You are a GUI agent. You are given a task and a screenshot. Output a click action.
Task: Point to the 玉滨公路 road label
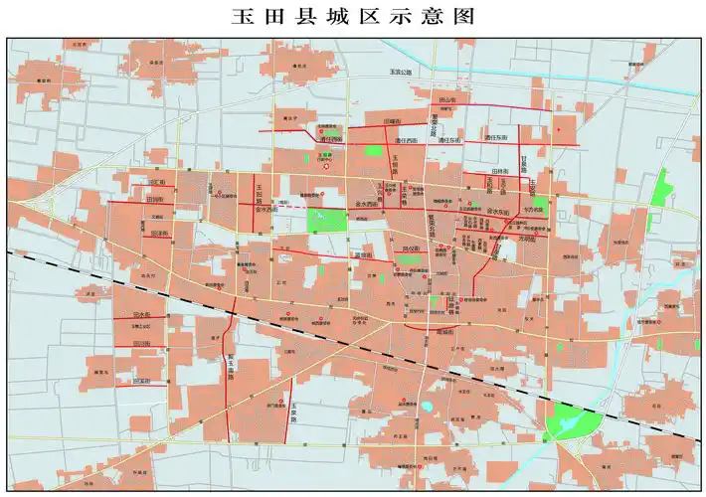(x=399, y=73)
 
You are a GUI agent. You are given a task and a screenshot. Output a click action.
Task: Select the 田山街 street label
(x=448, y=100)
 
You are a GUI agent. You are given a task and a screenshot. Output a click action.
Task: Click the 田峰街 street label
(x=391, y=120)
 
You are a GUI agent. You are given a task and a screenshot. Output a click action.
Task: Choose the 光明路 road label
(x=526, y=240)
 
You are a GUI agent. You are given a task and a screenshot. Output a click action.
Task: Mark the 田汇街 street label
(x=156, y=182)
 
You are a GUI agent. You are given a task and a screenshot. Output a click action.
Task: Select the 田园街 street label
(x=154, y=199)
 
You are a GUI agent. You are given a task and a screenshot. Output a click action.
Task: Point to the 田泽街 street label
(x=156, y=234)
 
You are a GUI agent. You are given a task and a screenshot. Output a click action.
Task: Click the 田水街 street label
(x=141, y=315)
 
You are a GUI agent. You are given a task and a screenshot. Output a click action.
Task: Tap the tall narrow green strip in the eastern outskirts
(x=659, y=189)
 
